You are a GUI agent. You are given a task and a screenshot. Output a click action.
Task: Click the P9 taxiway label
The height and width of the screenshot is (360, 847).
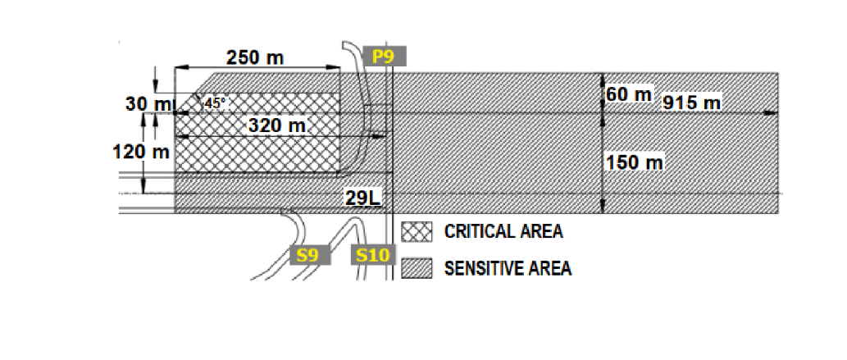(x=383, y=56)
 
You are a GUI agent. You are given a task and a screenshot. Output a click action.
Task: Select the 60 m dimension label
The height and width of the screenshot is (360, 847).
(x=629, y=94)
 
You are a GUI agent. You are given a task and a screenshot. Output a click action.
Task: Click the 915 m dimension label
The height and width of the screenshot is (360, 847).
(x=691, y=103)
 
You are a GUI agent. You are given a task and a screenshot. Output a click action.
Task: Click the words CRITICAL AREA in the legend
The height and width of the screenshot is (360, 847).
(x=503, y=231)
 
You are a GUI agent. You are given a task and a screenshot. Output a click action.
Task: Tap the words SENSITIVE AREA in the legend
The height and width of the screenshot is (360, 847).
(x=508, y=267)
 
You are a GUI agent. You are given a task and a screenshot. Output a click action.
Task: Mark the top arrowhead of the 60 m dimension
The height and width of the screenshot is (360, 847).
(x=603, y=78)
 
